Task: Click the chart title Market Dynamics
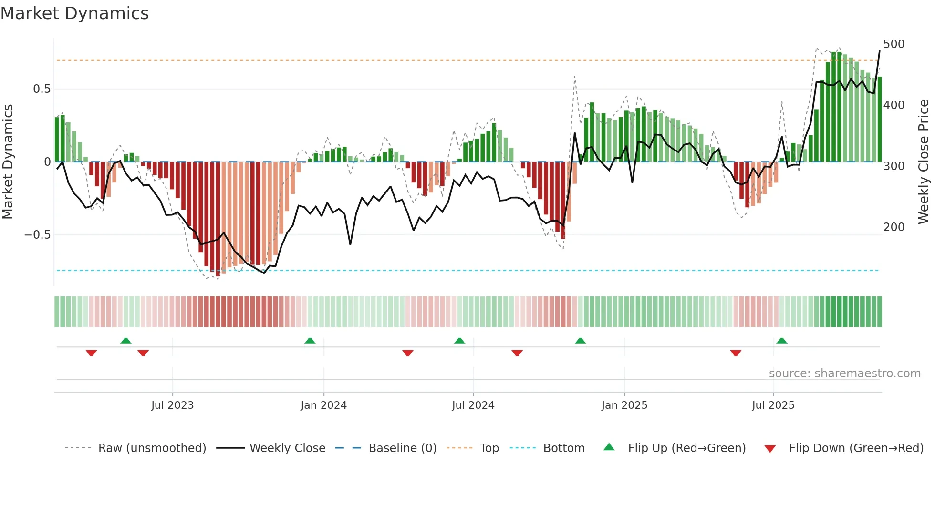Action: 74,13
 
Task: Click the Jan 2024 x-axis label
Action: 323,405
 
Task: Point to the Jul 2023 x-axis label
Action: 172,405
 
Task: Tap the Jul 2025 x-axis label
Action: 773,405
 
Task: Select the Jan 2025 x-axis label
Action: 624,405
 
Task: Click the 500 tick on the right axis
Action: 893,44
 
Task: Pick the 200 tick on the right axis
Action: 893,227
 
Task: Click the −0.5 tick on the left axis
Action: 37,235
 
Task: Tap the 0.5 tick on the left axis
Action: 42,89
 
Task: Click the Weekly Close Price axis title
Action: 924,162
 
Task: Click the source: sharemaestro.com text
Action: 844,374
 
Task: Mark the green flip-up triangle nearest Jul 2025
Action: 781,341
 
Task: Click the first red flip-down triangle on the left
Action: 91,353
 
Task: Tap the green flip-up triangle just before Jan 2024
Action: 310,341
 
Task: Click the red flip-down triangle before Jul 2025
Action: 736,353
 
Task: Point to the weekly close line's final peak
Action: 880,51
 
